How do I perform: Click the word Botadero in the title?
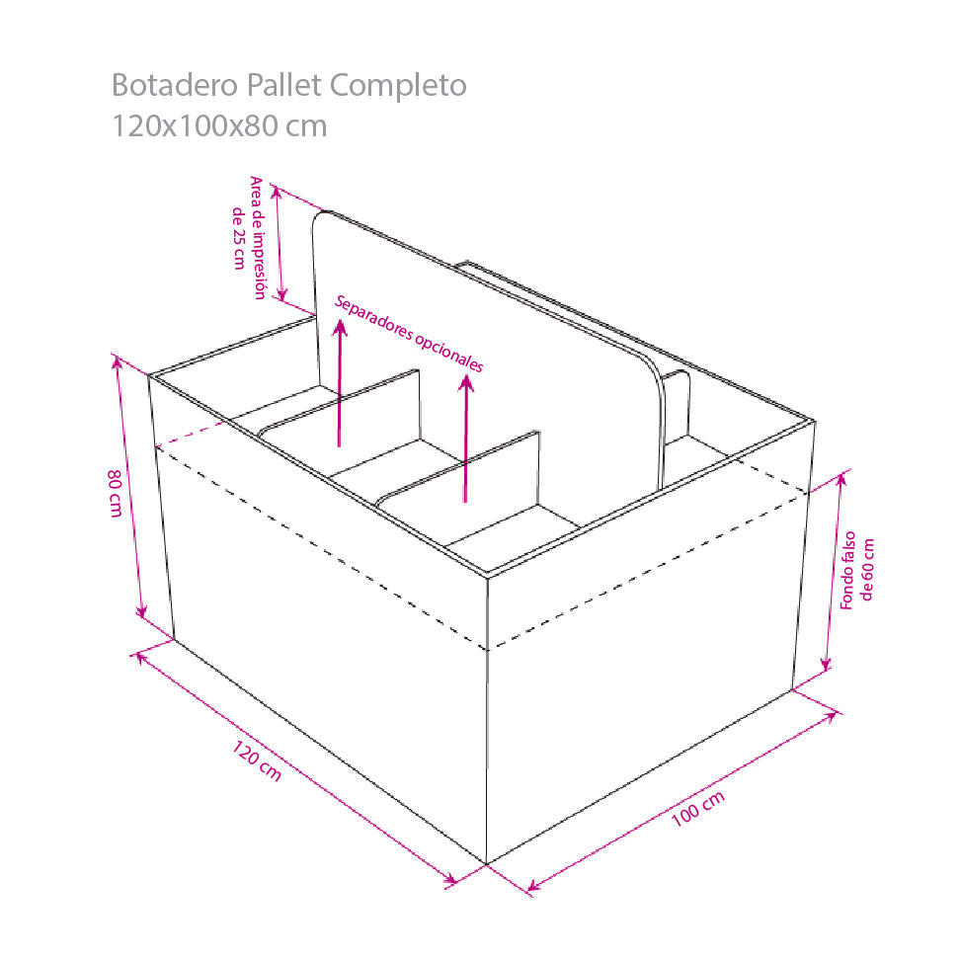(175, 85)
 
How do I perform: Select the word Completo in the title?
(399, 86)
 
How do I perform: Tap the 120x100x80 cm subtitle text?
(219, 126)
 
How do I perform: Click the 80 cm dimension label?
(116, 493)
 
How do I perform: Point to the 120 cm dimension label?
(257, 761)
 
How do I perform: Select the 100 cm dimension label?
(698, 808)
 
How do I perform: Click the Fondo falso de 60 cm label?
(857, 571)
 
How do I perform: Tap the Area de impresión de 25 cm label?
(249, 238)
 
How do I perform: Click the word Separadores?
(373, 320)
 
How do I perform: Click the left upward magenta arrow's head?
(340, 328)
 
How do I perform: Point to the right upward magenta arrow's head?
(466, 383)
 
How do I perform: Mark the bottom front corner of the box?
(487, 864)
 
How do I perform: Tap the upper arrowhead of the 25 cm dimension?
(277, 193)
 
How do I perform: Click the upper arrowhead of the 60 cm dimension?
(841, 478)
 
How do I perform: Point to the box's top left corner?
(149, 375)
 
